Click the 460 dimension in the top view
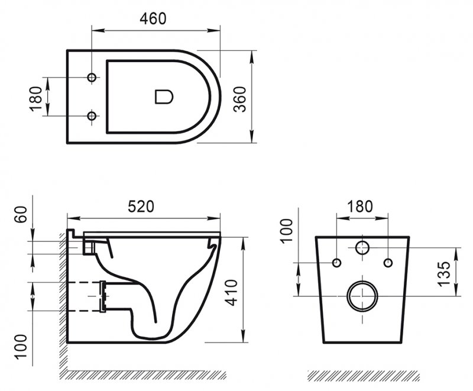[x=153, y=18]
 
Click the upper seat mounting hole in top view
[x=92, y=78]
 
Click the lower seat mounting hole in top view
[x=92, y=116]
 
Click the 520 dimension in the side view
[x=141, y=206]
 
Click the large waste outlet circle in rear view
[x=362, y=296]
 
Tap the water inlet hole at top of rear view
[x=362, y=248]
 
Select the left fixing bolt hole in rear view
[x=336, y=262]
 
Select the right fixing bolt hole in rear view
[x=388, y=262]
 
